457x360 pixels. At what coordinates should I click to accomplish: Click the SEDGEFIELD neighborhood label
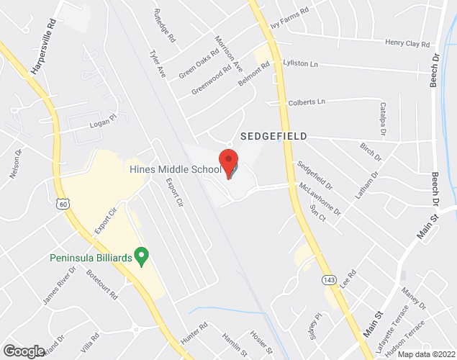pos(273,136)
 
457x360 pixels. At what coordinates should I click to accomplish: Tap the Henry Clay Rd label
pos(407,43)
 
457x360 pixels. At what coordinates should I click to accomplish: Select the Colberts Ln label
pos(307,102)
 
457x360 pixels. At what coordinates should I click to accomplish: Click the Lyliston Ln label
pos(301,63)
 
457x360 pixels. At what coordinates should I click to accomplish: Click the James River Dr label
pos(59,284)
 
